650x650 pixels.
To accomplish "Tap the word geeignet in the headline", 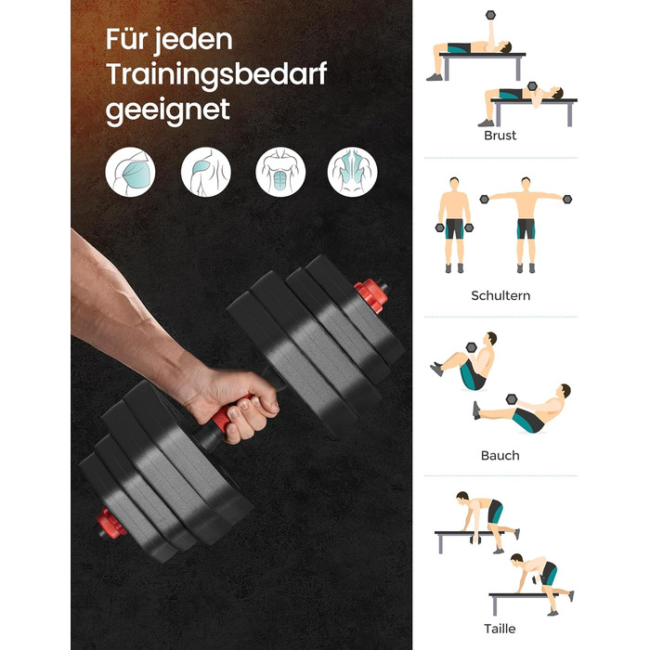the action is [168, 110].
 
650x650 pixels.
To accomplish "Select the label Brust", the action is [500, 136].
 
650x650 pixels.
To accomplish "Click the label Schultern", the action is [500, 295].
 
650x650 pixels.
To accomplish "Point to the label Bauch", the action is [500, 456].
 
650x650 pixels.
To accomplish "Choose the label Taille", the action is [500, 629].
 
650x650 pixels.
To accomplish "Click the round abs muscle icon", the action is [280, 172].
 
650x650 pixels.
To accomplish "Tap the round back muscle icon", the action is [352, 172].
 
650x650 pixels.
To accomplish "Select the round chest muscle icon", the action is [130, 172].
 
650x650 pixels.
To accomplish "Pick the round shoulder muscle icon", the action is [206, 172].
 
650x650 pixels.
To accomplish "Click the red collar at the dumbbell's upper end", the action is [371, 294].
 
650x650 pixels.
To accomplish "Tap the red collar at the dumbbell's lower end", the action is [110, 523].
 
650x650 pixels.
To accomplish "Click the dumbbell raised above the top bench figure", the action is [491, 16].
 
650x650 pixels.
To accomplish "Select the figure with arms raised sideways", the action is [526, 225].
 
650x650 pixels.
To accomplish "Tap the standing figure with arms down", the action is [454, 225].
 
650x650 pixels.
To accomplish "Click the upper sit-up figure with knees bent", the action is [464, 361].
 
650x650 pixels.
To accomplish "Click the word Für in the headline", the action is [126, 39].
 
